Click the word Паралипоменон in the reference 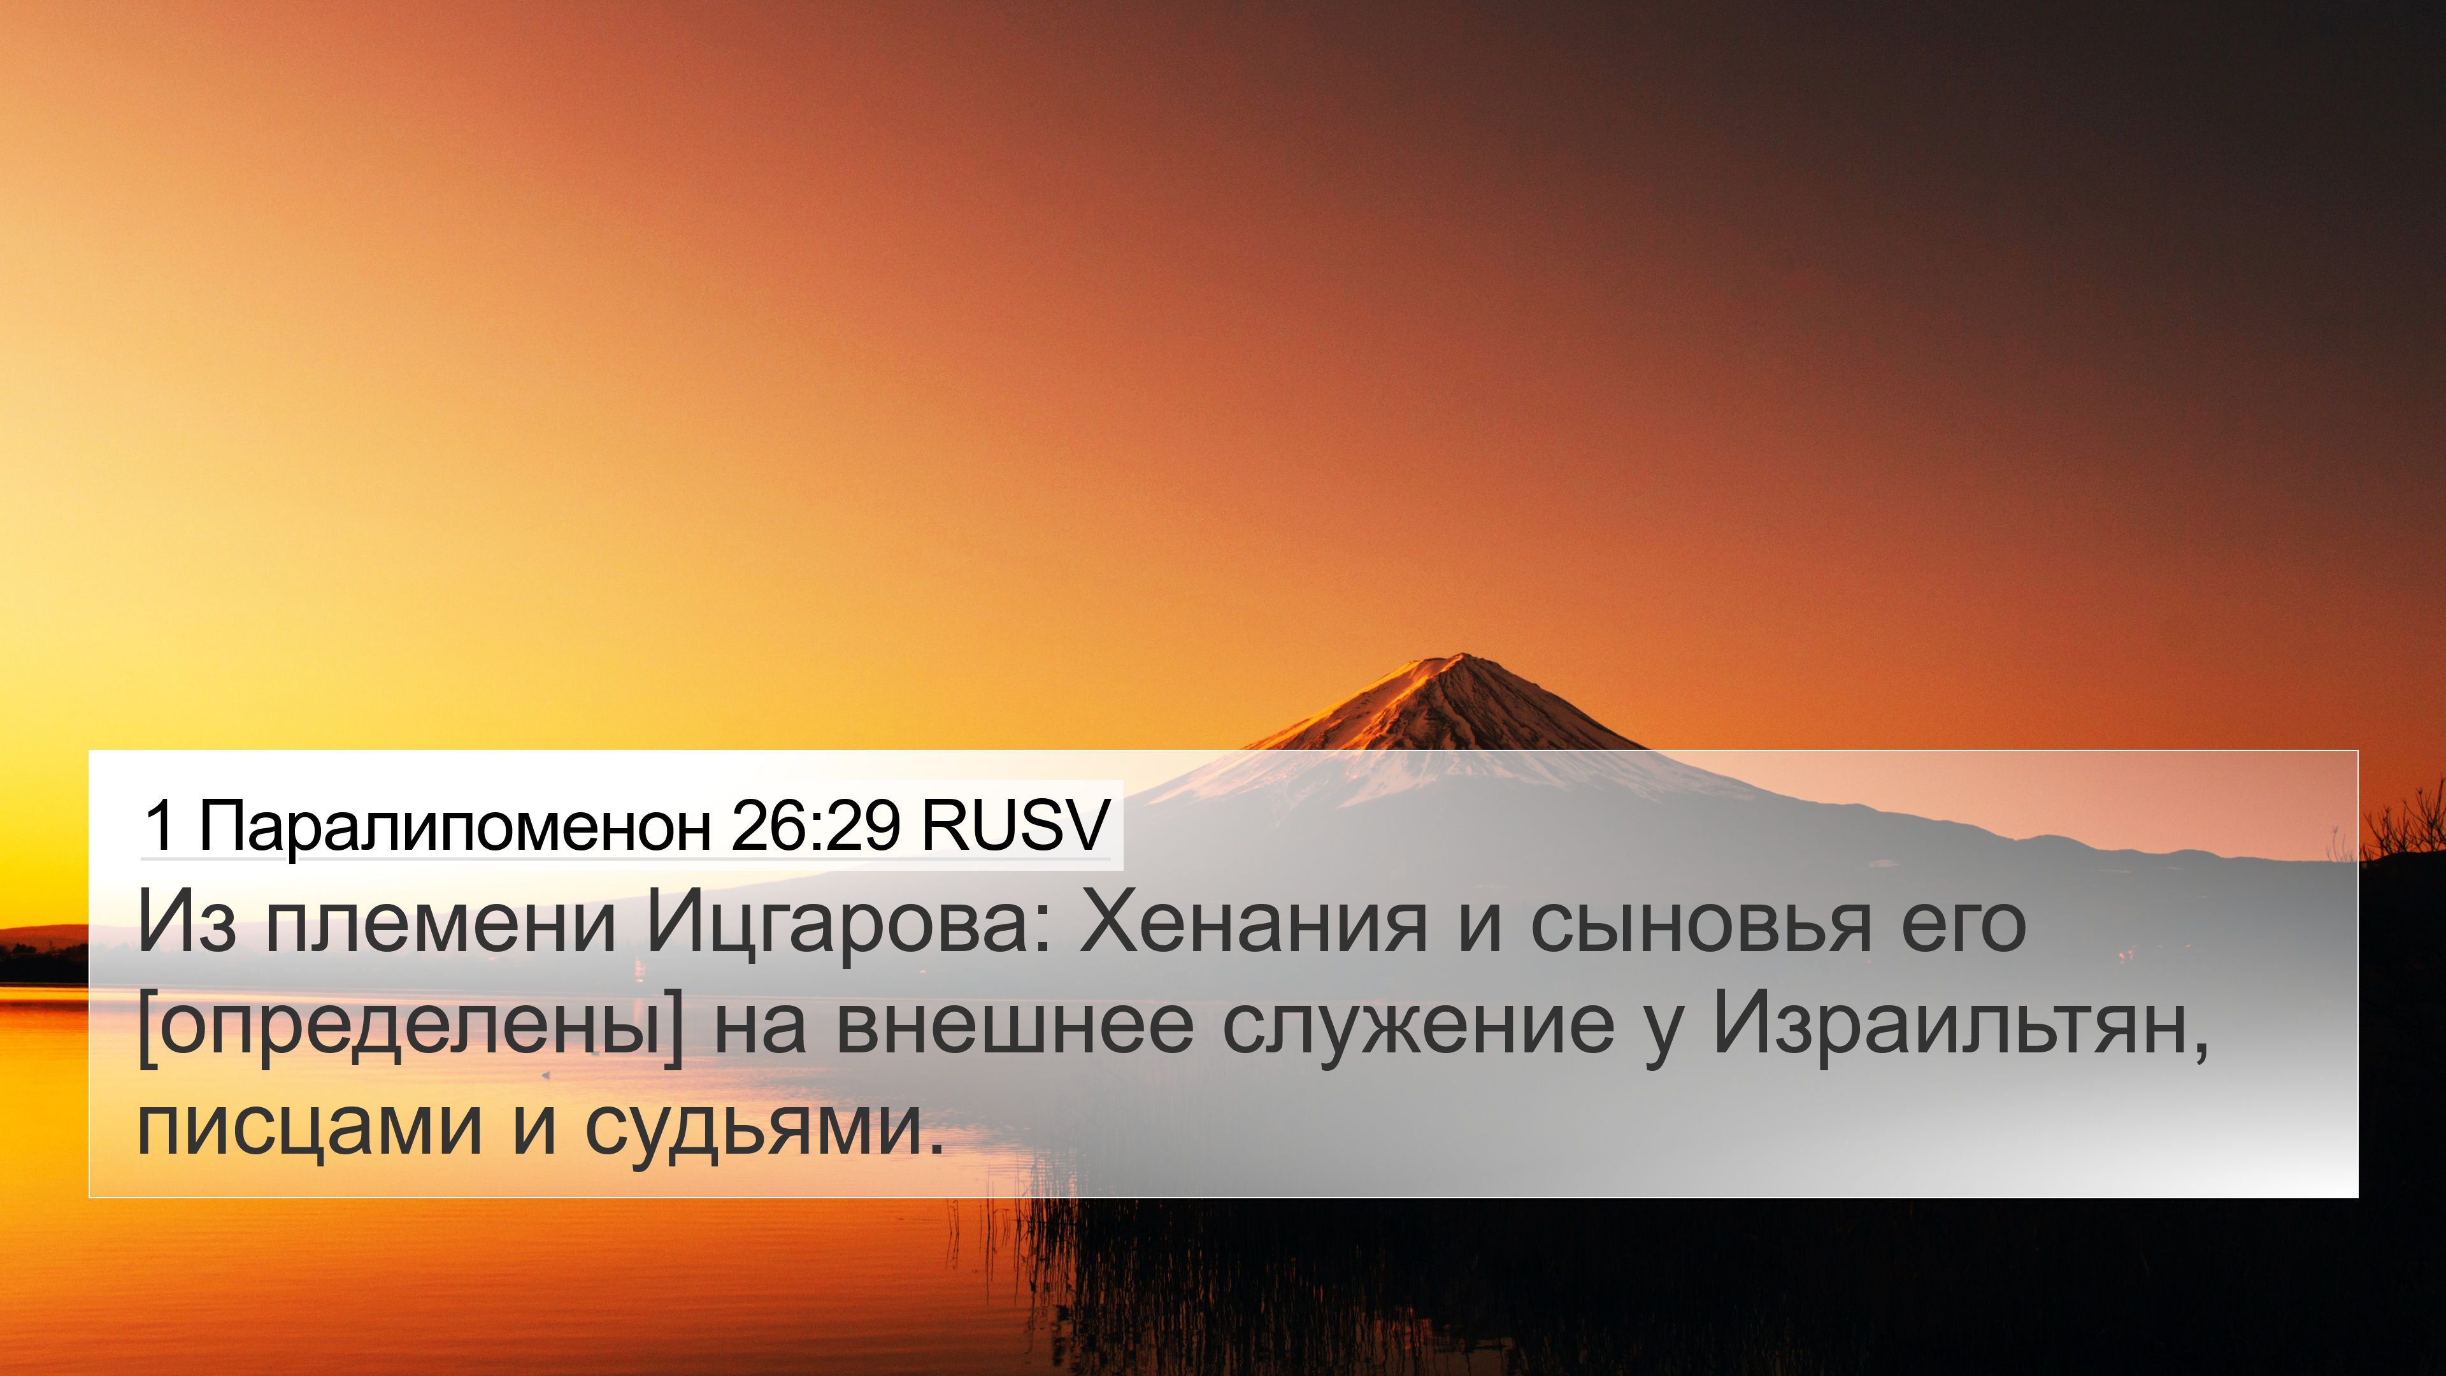coord(455,826)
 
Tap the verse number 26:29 coord(815,824)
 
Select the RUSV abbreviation coord(1015,824)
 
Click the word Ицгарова coord(849,925)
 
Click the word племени coord(441,925)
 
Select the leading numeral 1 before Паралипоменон coord(159,824)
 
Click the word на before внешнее coord(760,1028)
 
